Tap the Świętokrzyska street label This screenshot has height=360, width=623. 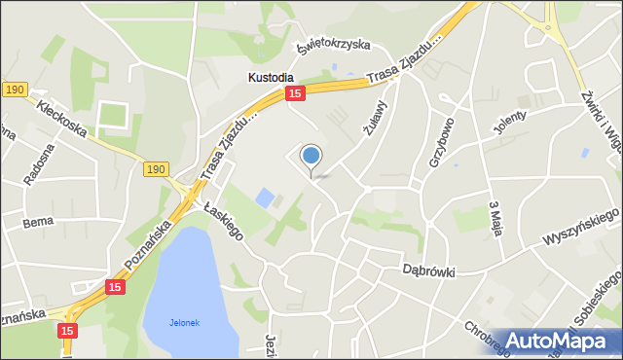pyautogui.click(x=336, y=45)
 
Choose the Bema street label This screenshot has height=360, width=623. pyautogui.click(x=38, y=223)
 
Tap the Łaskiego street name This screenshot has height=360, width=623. pyautogui.click(x=223, y=219)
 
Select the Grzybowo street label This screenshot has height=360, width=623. pyautogui.click(x=441, y=142)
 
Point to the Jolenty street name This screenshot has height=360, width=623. pyautogui.click(x=510, y=124)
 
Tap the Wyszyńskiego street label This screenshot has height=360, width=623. pyautogui.click(x=581, y=227)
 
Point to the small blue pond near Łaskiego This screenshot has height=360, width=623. pyautogui.click(x=264, y=198)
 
